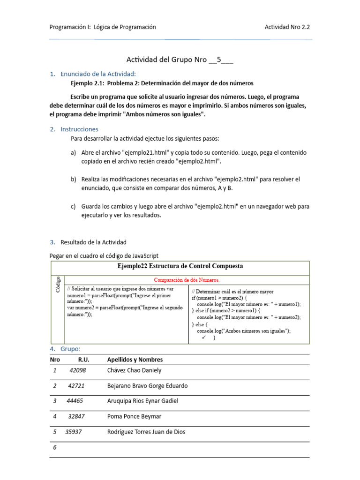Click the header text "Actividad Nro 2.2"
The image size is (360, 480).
[x=287, y=27]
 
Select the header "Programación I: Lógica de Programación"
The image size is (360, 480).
[x=103, y=27]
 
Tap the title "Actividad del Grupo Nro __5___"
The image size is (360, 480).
[x=180, y=60]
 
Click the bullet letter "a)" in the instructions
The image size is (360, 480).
[x=74, y=153]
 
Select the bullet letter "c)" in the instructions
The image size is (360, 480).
[x=74, y=206]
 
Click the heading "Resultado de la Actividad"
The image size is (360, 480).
[x=94, y=242]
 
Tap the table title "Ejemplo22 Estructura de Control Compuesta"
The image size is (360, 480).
[x=180, y=266]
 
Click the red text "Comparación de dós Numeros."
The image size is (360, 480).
[x=187, y=280]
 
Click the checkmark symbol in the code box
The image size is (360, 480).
[x=204, y=337]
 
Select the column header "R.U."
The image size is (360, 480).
[x=83, y=360]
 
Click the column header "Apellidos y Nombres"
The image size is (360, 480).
[x=135, y=360]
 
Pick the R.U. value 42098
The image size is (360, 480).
[x=77, y=370]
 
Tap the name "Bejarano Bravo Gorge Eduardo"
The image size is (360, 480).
[x=147, y=386]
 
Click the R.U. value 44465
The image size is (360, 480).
[x=75, y=401]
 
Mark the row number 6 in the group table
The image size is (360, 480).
[x=55, y=448]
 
